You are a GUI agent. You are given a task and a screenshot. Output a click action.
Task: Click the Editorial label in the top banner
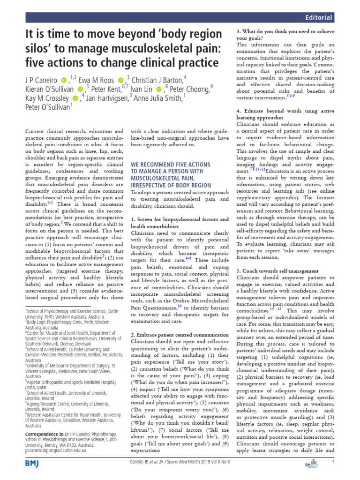319,17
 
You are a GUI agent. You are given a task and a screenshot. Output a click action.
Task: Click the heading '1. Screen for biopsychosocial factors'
179,219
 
